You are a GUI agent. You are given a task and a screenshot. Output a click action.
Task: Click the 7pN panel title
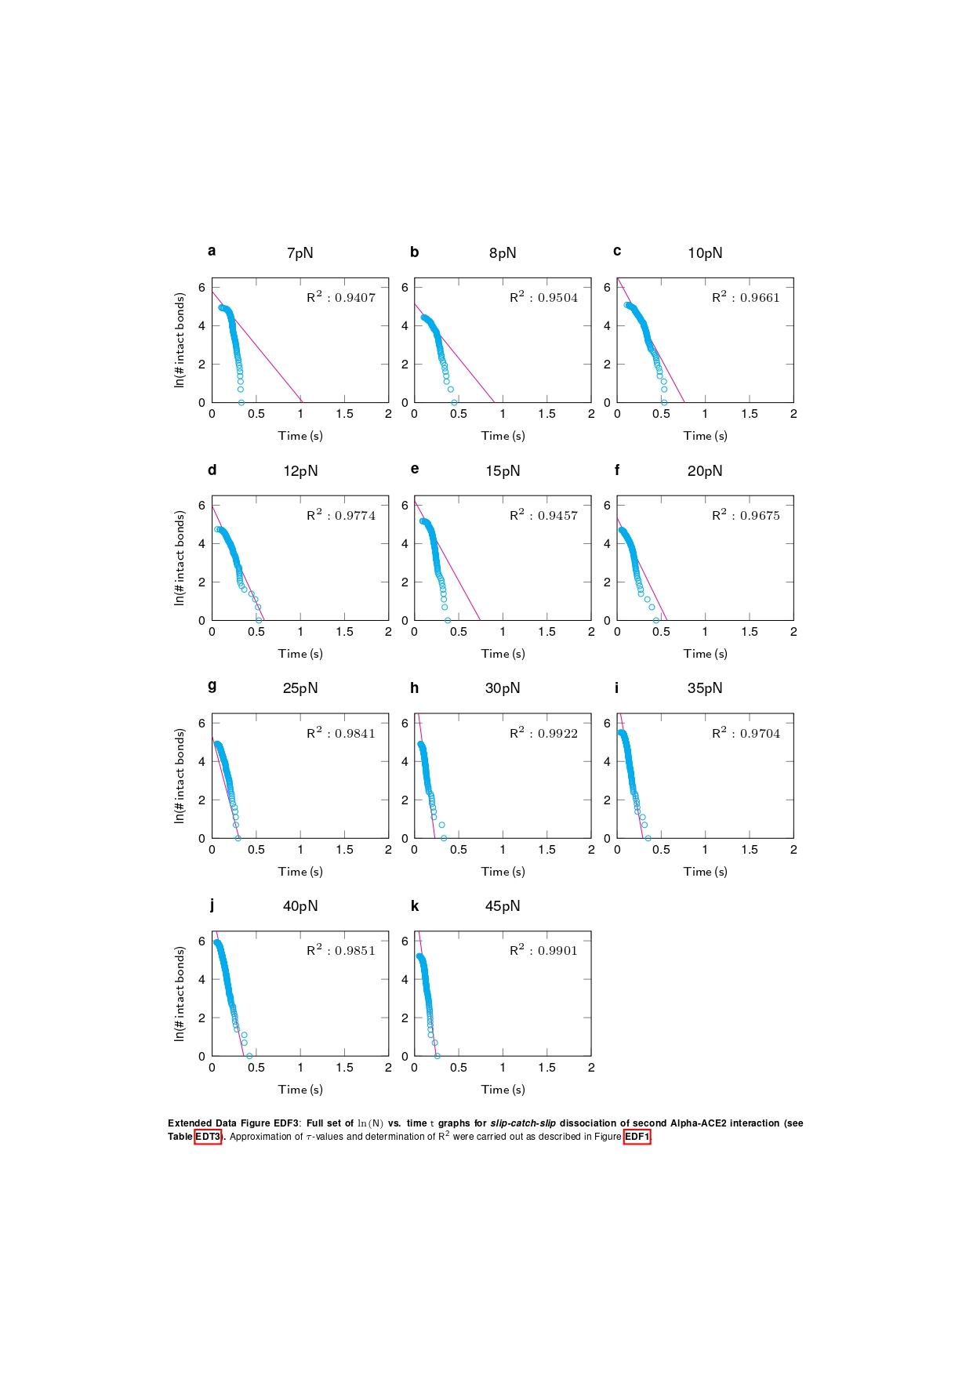(x=300, y=253)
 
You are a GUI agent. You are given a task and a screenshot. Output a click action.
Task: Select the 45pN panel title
(x=502, y=906)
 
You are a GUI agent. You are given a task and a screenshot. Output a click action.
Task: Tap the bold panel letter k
(x=415, y=906)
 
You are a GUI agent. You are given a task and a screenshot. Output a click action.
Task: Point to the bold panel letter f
(x=617, y=470)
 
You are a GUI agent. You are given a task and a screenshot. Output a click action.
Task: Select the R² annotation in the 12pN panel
(x=341, y=515)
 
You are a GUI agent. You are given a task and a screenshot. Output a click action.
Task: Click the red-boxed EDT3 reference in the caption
(x=208, y=1137)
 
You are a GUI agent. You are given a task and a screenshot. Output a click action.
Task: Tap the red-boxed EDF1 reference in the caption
(x=637, y=1137)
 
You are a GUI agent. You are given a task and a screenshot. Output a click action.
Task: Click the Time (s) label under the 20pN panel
(x=705, y=654)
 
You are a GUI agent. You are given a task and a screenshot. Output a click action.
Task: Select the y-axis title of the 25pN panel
(x=180, y=775)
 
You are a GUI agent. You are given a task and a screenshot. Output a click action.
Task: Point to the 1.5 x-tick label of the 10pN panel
(x=749, y=414)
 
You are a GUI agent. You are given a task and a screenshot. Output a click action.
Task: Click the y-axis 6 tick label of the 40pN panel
(x=202, y=941)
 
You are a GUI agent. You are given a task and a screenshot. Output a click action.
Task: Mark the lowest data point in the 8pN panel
(x=454, y=402)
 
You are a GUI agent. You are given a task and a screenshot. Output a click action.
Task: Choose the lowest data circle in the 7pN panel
(x=241, y=402)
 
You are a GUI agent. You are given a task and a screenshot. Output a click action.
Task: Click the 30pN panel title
(x=502, y=688)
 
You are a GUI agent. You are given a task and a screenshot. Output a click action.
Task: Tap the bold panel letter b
(x=415, y=252)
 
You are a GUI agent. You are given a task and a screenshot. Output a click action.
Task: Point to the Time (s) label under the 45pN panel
(x=503, y=1090)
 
